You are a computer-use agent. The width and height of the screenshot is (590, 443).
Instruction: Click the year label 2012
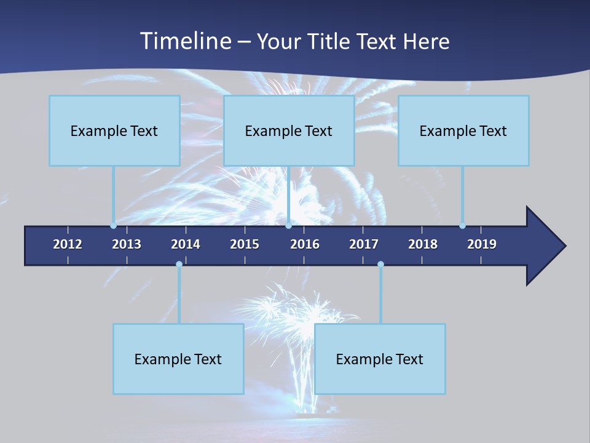point(68,244)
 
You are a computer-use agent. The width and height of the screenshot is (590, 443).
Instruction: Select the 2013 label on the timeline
point(127,244)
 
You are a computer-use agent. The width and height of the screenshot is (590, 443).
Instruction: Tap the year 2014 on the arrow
point(186,244)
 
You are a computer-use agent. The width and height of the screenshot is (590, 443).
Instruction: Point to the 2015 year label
point(245,244)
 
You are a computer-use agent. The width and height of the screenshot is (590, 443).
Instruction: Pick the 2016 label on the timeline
point(305,244)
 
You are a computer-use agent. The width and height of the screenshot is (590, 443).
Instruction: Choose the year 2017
point(364,244)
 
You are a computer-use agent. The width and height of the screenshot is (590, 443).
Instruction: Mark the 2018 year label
point(423,244)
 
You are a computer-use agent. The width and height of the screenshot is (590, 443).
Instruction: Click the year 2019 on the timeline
point(482,244)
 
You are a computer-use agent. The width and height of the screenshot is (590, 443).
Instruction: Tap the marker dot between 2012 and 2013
point(113,226)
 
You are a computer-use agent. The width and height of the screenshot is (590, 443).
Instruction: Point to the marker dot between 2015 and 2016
point(288,226)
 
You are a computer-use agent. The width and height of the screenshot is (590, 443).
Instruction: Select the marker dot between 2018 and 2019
point(462,226)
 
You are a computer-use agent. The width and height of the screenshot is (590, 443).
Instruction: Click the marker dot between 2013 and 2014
point(179,264)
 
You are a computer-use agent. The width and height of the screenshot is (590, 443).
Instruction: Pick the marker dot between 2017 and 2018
point(380,264)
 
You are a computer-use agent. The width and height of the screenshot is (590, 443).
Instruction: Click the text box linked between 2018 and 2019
point(463,130)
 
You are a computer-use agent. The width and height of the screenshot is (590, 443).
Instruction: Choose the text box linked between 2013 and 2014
point(178,359)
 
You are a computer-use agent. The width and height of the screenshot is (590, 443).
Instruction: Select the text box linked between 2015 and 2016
point(289,130)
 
